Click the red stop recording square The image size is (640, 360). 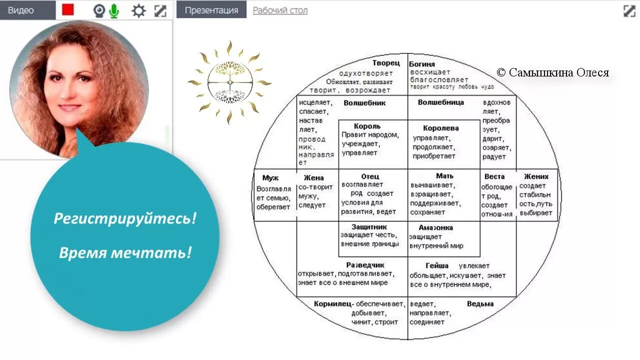[68, 10]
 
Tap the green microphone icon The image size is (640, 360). [114, 10]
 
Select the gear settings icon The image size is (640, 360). [138, 10]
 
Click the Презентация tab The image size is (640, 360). [211, 10]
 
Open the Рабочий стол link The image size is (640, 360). [280, 10]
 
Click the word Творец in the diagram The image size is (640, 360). [386, 63]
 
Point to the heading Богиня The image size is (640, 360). [422, 64]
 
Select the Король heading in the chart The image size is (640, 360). [367, 126]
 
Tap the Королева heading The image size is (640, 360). [440, 128]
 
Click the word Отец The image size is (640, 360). [370, 176]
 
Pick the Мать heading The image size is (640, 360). [444, 176]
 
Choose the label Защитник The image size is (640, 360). [369, 226]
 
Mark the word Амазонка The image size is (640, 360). [435, 227]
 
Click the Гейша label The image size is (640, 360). [436, 265]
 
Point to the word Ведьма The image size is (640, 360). [480, 303]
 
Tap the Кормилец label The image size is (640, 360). [332, 303]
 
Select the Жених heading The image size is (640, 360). [536, 176]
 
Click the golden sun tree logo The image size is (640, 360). [229, 82]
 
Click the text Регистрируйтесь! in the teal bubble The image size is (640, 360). [125, 218]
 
